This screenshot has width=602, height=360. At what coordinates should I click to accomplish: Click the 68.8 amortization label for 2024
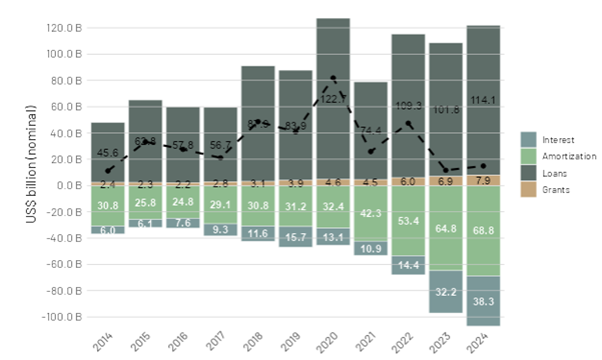tap(483, 231)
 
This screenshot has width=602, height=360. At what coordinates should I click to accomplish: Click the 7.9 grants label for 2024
tap(483, 180)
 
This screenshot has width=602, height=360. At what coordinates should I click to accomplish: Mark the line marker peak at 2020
tap(333, 78)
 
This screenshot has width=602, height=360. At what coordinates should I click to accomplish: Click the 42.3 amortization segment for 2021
tap(370, 213)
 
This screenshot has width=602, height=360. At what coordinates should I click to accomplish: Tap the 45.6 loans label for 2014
tap(107, 153)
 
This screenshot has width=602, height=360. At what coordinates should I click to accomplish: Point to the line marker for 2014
tap(108, 170)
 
